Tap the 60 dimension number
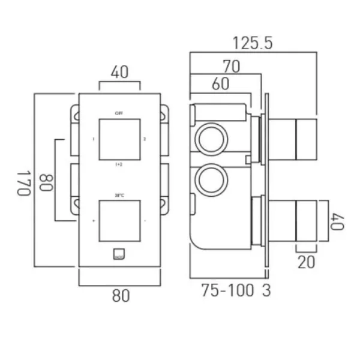[x=220, y=84]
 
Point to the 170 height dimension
[x=23, y=182]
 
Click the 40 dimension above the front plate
[x=120, y=73]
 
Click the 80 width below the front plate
[x=120, y=296]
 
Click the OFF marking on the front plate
[x=119, y=112]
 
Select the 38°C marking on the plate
[x=119, y=194]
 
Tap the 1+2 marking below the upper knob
[x=119, y=163]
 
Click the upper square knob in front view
[x=119, y=139]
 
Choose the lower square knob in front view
[x=119, y=222]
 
